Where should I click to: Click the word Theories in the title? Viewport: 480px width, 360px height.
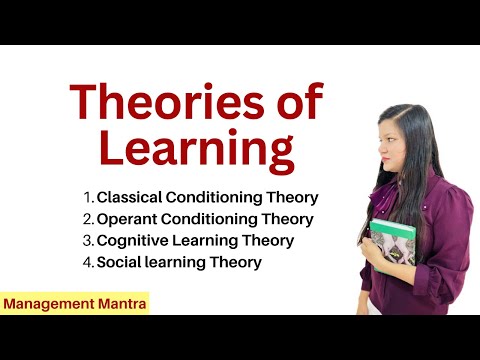coord(165,103)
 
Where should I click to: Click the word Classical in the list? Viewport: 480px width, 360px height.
coord(129,197)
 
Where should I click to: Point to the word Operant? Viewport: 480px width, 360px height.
coord(126,219)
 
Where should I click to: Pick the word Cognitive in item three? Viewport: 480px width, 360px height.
coord(131,241)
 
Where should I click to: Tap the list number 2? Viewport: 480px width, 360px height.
coord(88,219)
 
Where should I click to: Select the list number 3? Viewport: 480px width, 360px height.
coord(88,241)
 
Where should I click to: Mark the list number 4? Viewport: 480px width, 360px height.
coord(88,263)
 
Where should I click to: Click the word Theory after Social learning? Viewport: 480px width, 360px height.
coord(237,263)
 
